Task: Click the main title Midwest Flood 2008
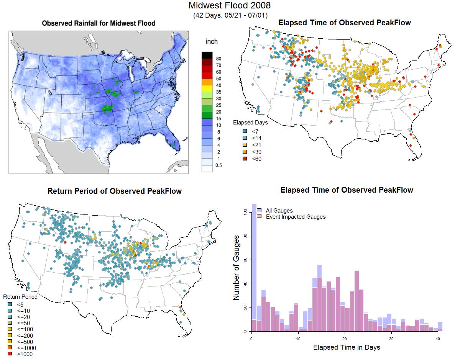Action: point(230,6)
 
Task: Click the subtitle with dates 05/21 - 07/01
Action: point(230,15)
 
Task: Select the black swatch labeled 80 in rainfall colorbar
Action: point(207,55)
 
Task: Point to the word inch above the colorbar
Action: point(212,41)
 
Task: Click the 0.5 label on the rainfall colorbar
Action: point(219,165)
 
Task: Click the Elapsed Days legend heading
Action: point(251,123)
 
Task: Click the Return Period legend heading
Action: point(20,297)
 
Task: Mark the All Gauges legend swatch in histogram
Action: point(260,211)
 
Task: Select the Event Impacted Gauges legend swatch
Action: point(260,217)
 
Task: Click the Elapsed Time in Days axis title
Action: point(347,347)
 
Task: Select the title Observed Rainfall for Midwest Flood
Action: point(99,23)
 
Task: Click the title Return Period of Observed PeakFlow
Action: point(115,191)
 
